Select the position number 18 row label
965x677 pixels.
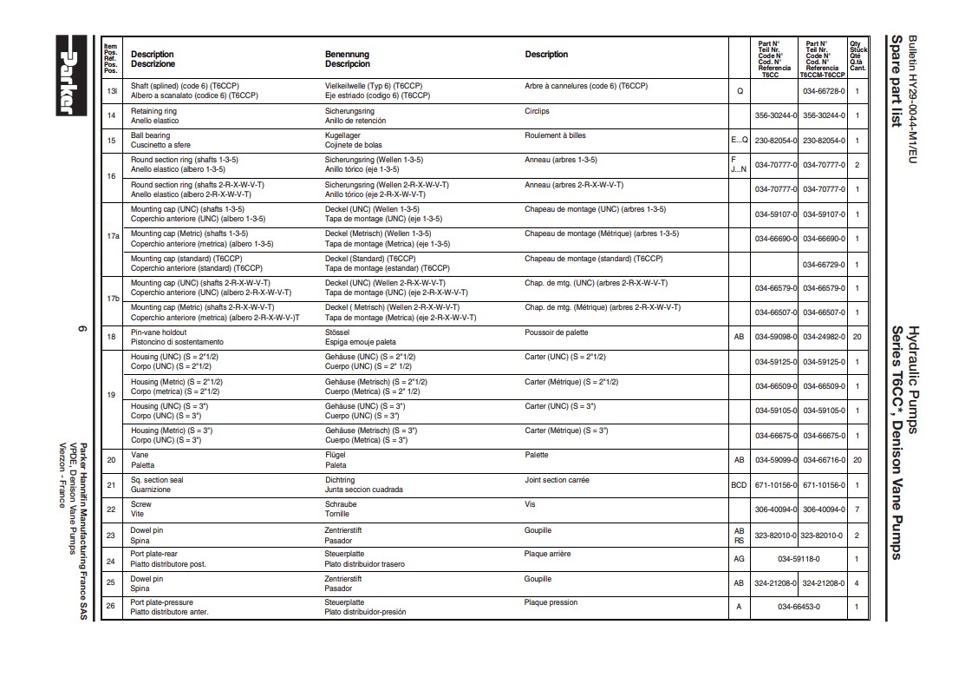point(111,337)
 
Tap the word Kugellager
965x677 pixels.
point(342,135)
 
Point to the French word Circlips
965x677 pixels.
point(537,111)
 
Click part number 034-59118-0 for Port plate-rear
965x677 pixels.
point(799,559)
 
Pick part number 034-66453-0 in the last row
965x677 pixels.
point(799,607)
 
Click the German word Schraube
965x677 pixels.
point(341,504)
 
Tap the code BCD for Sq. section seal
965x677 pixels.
point(739,485)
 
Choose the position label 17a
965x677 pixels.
point(112,236)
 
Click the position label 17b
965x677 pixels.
point(112,298)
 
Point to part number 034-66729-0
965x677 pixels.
point(822,264)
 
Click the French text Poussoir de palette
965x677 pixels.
point(556,332)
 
